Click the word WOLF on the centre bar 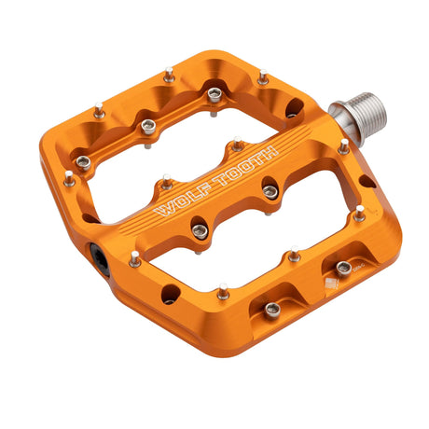coord(176,196)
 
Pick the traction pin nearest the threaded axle coord(344,146)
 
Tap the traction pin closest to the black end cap coord(135,257)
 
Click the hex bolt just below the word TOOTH coord(270,191)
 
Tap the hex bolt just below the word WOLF coord(200,230)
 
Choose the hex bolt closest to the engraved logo coord(344,268)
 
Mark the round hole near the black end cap coord(170,296)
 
